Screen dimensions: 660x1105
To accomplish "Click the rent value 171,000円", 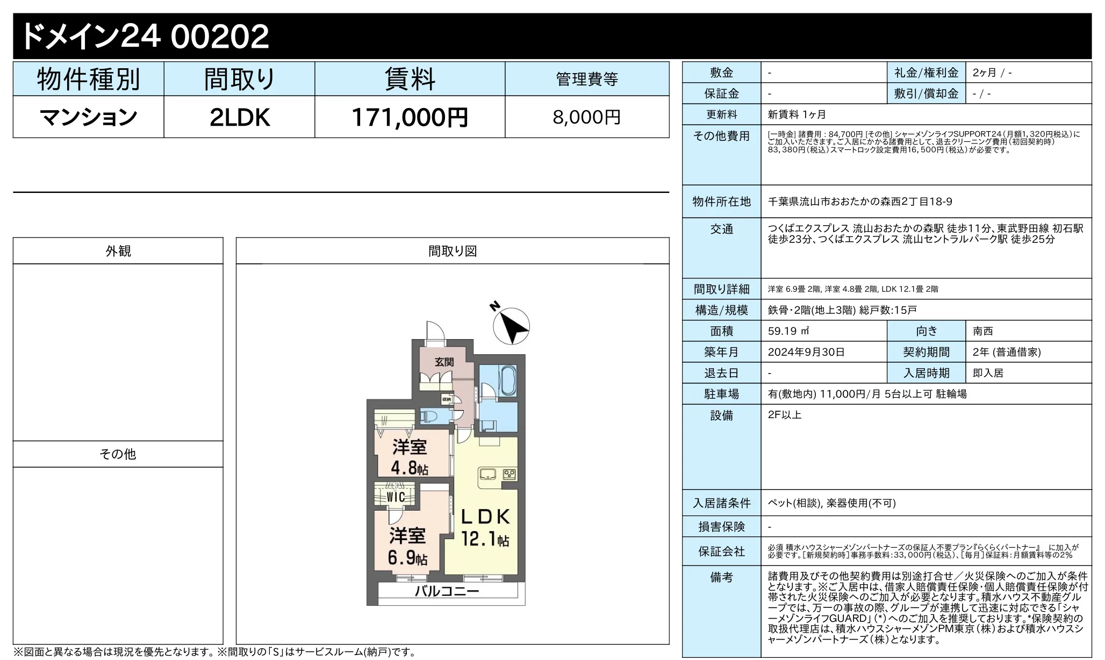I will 410,117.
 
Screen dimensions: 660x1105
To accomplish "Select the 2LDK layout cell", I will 239,117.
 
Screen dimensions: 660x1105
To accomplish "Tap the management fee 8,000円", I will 586,117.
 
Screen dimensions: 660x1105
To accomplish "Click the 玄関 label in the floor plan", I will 444,362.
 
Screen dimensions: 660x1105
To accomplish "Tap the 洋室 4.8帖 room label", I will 410,457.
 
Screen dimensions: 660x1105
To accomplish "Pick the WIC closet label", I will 396,497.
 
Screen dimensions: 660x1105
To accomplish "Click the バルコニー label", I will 447,592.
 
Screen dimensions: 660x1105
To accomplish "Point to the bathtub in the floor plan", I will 507,380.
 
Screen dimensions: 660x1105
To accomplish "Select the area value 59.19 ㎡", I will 788,331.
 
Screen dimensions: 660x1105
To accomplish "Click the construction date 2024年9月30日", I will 806,352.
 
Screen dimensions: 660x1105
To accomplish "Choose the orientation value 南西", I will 983,331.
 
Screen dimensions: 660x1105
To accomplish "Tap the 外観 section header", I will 118,251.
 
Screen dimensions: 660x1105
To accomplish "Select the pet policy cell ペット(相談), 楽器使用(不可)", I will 832,503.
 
